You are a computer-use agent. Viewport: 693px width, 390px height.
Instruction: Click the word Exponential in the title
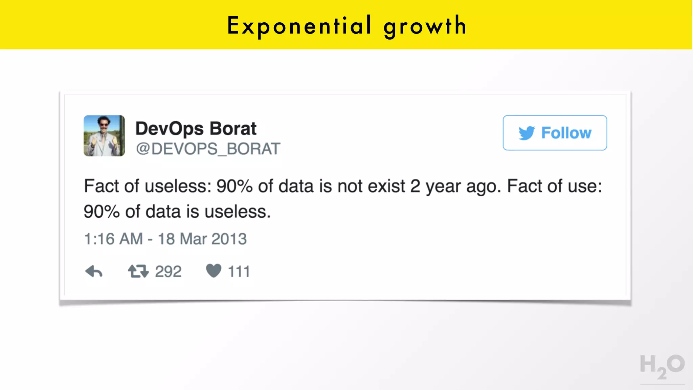click(299, 25)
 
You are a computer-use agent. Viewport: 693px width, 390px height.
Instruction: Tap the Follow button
click(555, 133)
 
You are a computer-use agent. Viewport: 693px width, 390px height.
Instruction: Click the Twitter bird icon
click(527, 133)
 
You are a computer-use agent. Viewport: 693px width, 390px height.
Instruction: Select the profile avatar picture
click(104, 136)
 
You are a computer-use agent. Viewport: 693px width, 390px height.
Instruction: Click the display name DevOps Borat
click(196, 128)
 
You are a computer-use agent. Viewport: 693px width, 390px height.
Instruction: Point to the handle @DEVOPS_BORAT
click(208, 149)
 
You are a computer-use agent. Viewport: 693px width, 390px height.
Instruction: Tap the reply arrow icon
click(94, 271)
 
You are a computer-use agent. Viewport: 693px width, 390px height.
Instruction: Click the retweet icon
click(138, 271)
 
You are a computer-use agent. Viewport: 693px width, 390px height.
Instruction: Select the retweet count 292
click(168, 272)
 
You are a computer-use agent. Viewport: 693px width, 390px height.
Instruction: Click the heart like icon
click(214, 271)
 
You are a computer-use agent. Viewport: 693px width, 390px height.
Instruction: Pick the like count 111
click(239, 272)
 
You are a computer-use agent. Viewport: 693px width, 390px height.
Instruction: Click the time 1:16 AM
click(113, 239)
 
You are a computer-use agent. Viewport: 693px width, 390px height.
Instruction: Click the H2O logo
click(662, 367)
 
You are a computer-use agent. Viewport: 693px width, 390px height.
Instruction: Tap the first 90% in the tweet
click(234, 186)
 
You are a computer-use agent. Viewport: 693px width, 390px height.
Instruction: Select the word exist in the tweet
click(386, 186)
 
